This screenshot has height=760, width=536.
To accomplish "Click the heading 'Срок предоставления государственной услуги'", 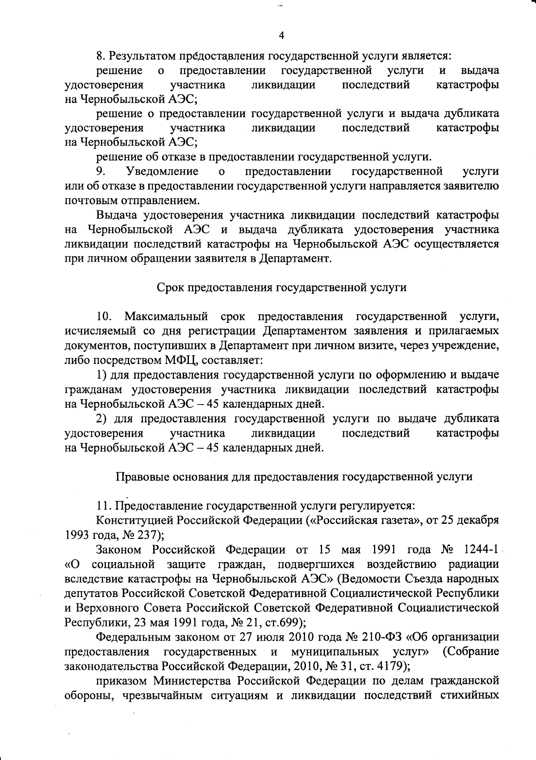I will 282,288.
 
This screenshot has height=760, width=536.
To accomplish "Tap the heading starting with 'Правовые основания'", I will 294,476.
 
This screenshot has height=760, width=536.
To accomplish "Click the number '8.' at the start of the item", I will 101,56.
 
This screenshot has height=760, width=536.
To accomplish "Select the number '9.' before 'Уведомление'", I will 101,171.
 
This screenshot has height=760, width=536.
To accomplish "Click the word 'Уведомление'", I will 163,171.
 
